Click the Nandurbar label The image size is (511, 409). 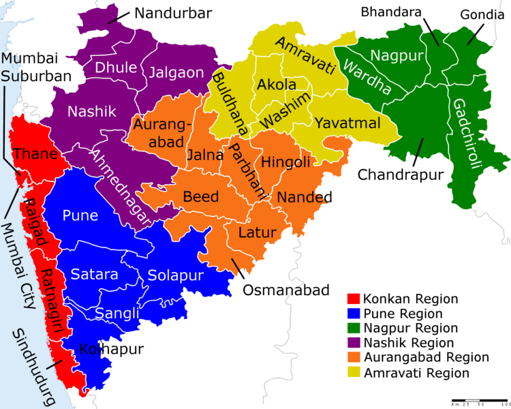pos(173,13)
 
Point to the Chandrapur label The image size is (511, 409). pos(401,175)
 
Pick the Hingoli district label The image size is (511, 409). pos(286,162)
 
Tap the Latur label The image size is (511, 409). pos(257,232)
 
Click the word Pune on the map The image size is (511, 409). pos(80,216)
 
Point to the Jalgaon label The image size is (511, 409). pos(176,72)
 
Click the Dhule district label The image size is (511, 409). pos(115,67)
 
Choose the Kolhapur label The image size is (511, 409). pos(111,350)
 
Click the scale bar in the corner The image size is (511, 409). pos(478,399)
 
